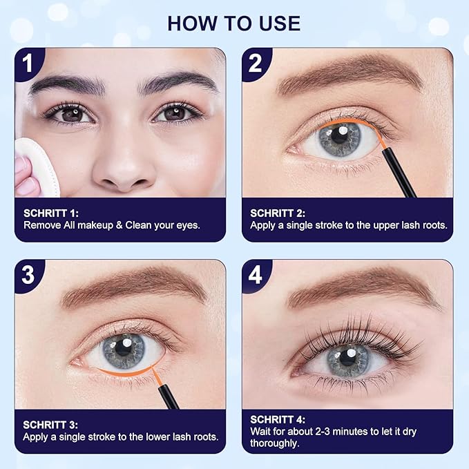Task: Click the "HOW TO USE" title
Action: pos(234,23)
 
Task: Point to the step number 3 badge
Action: pos(28,274)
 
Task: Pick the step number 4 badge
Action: pos(256,274)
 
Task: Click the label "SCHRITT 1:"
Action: pos(50,213)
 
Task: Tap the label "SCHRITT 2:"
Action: pos(278,213)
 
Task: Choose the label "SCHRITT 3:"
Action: pos(50,424)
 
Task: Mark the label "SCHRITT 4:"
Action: pos(278,419)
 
